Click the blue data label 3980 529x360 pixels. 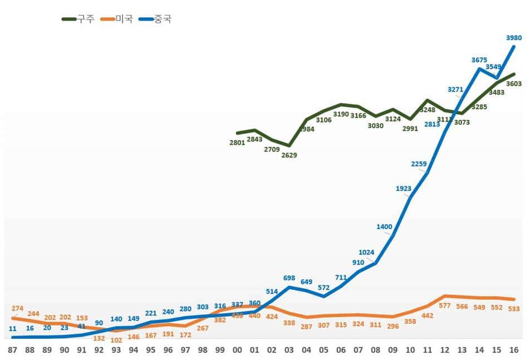pos(514,38)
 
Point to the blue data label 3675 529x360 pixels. pos(479,60)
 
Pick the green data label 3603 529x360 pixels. pos(514,84)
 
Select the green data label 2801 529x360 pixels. pos(237,143)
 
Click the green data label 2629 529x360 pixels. pos(289,155)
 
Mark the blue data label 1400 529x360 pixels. pos(384,226)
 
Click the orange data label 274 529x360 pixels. pos(17,308)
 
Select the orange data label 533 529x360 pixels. pos(514,309)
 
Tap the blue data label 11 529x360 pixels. pos(13,329)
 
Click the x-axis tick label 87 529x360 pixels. pos(13,350)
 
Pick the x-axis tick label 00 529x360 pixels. pos(237,350)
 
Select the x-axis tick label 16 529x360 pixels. pos(514,350)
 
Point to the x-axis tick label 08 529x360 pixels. pos(376,350)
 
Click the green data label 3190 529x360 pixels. pos(341,114)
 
